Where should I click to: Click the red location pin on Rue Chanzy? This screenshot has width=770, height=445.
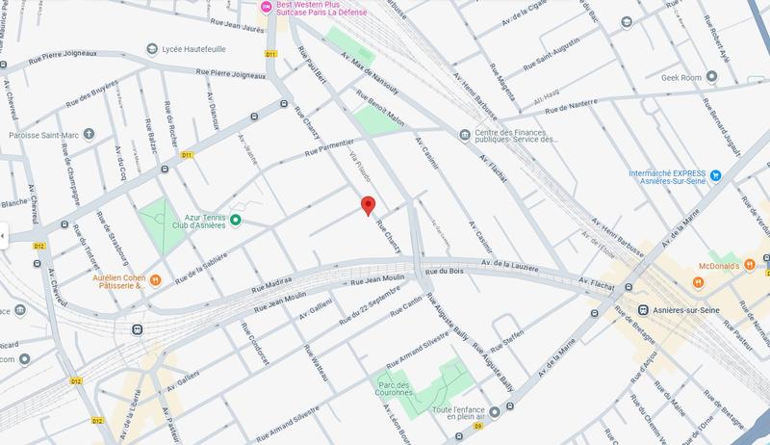pos(368,204)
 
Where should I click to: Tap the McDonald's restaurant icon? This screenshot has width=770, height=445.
pos(698,281)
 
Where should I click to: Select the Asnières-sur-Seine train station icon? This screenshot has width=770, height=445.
pos(642,310)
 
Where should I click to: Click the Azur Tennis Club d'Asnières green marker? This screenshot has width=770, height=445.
pos(235,221)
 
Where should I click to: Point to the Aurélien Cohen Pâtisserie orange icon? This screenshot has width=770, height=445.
pos(154,280)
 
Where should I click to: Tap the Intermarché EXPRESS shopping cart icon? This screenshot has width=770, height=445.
pos(716,176)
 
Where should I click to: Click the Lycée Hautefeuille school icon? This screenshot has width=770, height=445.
pos(152,49)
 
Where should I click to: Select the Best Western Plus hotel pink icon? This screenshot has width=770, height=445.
pos(267,8)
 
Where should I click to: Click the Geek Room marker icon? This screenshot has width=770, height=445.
pos(711,76)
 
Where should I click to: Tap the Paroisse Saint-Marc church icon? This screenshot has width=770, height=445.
pos(89,134)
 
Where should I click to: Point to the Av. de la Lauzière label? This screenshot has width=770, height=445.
pos(512,264)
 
